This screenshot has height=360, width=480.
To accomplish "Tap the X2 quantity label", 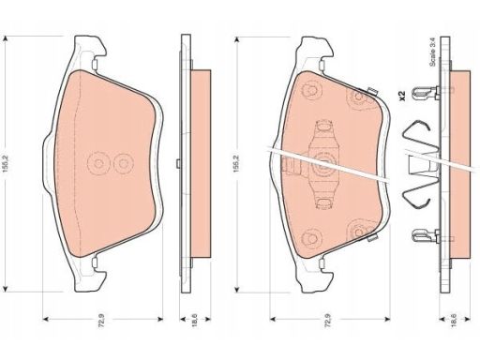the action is pos(402,96).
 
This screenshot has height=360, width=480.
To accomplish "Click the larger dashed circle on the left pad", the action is pos(98,164).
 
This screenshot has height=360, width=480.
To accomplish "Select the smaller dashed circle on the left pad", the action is pos(124,163).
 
